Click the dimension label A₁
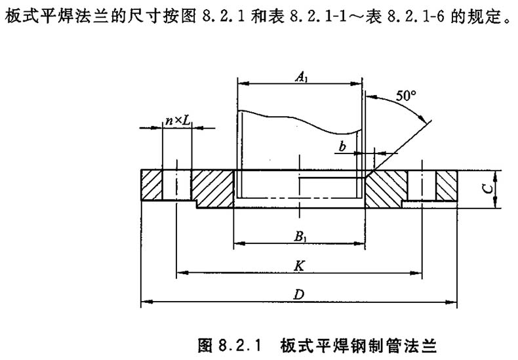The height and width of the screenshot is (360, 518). (301, 77)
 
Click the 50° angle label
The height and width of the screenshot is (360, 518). (406, 96)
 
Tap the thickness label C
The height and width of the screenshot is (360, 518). (483, 189)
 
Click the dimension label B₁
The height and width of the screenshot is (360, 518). (298, 237)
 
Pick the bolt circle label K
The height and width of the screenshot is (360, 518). (298, 264)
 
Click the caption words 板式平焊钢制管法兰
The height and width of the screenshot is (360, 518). (358, 344)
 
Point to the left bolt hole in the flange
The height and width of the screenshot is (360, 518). (176, 186)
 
